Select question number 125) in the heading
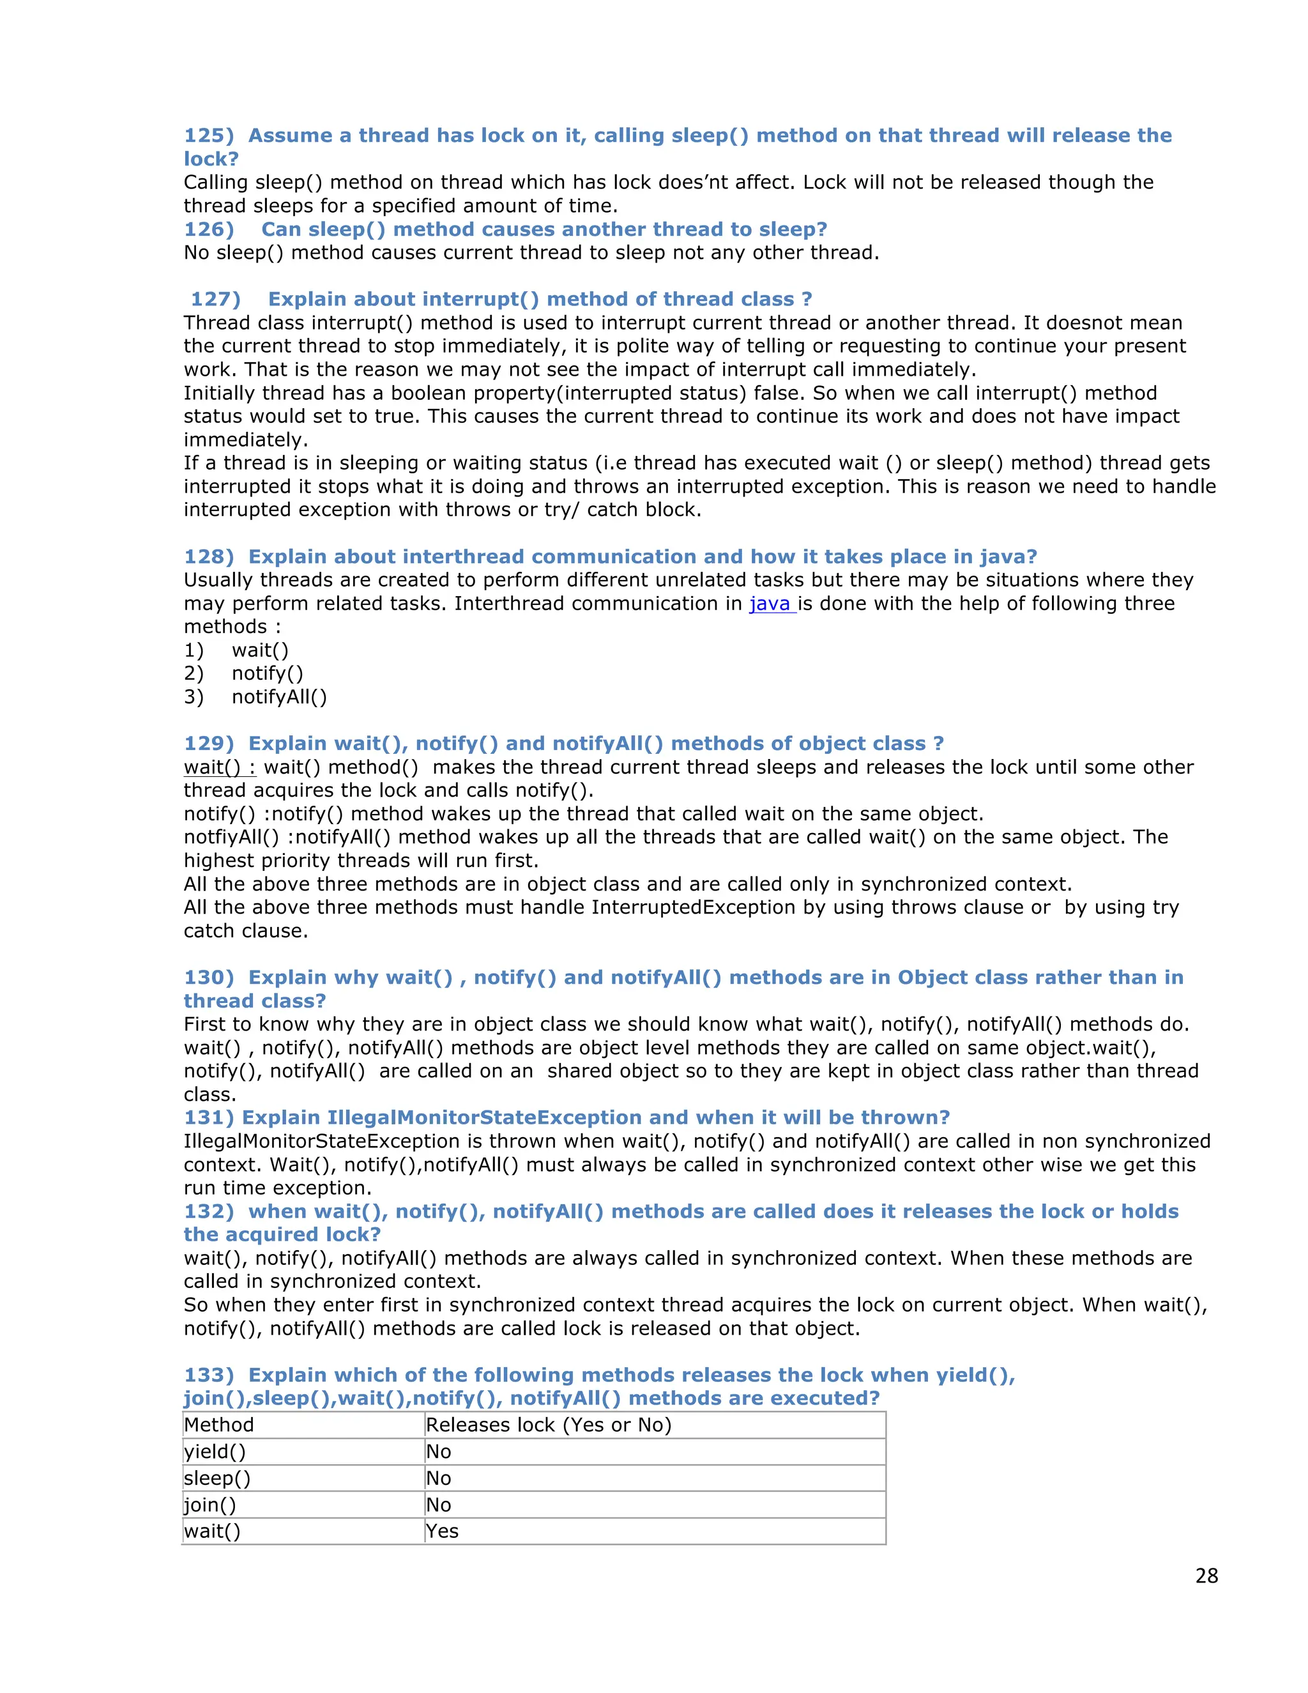[x=208, y=135]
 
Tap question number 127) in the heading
[x=215, y=299]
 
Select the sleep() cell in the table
[x=218, y=1478]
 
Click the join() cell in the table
[x=210, y=1505]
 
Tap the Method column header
[x=219, y=1425]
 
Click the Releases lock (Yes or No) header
[x=549, y=1425]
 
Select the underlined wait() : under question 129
[x=219, y=767]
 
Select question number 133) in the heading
[x=208, y=1375]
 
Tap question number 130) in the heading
[x=208, y=977]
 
